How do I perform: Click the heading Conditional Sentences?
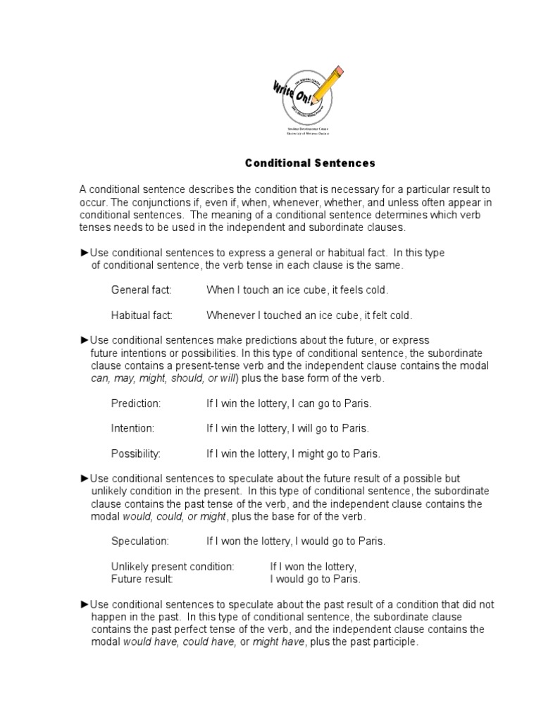click(x=310, y=163)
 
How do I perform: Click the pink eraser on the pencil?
click(x=340, y=71)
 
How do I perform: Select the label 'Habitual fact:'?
click(x=142, y=315)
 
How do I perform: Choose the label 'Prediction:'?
click(x=136, y=403)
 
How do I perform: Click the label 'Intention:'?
click(x=132, y=428)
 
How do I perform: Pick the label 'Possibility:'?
click(x=136, y=453)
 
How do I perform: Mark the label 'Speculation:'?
click(x=140, y=541)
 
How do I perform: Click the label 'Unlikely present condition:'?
click(x=172, y=567)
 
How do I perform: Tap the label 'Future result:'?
click(x=142, y=579)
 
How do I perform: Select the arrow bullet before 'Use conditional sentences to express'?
click(x=85, y=253)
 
